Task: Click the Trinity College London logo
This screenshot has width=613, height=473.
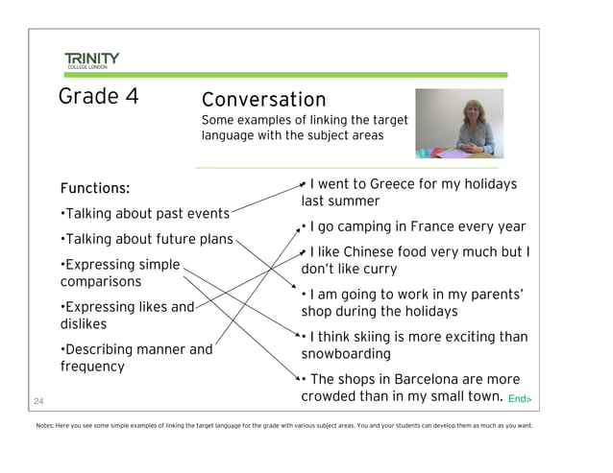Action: [92, 60]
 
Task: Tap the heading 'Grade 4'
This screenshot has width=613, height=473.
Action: [98, 96]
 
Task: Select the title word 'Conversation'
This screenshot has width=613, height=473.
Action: [263, 100]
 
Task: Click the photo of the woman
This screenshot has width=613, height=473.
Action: [458, 123]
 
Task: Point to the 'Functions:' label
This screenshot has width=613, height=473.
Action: [95, 188]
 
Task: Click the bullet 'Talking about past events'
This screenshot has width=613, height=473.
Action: [145, 214]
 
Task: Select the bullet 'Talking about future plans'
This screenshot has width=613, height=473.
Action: [147, 239]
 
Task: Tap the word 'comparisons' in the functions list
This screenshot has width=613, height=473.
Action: [101, 282]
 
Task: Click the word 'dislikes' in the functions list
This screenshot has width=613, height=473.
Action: [84, 324]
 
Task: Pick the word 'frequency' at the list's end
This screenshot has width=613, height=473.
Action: [92, 367]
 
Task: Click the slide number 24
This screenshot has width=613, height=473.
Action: [38, 400]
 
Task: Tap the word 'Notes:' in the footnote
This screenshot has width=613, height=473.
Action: [44, 426]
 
